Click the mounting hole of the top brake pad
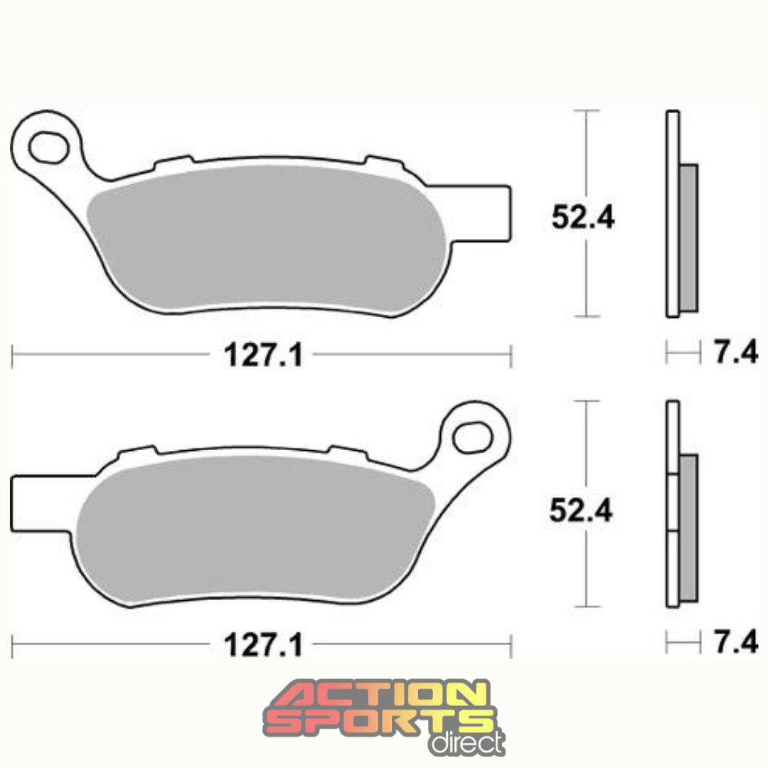48,146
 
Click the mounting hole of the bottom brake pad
473,437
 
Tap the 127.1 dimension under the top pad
263,355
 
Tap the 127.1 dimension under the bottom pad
263,645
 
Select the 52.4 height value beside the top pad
583,218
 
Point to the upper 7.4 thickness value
735,353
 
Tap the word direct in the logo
465,742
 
